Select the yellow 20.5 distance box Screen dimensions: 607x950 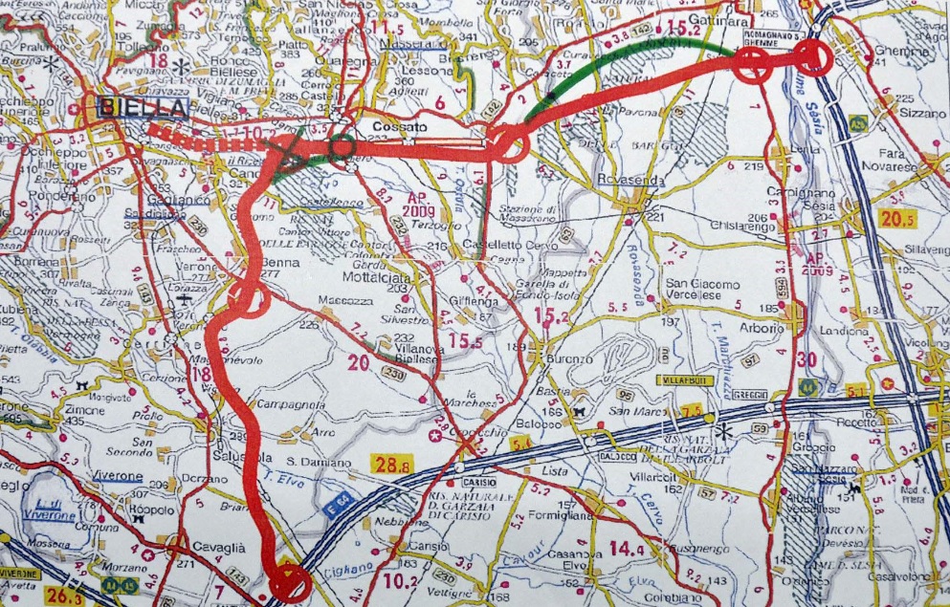coord(898,219)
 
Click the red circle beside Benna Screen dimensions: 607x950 coord(249,297)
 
